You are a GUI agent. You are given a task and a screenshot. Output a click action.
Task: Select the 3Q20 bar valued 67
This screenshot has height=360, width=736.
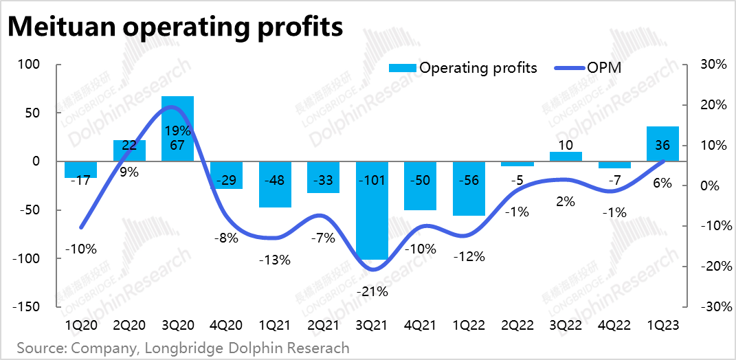point(177,137)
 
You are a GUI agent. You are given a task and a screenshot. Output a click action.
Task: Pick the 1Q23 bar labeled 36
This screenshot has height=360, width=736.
point(662,144)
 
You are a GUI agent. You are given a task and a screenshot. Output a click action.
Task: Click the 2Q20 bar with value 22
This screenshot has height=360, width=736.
point(129,150)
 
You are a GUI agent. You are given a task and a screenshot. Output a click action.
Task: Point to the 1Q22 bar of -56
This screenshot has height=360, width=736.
point(469,188)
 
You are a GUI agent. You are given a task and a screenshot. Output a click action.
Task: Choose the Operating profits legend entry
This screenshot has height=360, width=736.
point(462,67)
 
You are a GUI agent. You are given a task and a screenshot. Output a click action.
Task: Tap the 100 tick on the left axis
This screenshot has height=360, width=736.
point(32,65)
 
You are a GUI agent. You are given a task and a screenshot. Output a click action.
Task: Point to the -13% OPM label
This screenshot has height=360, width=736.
point(276,260)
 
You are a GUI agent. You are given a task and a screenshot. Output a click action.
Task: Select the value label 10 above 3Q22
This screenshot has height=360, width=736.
point(566,146)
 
